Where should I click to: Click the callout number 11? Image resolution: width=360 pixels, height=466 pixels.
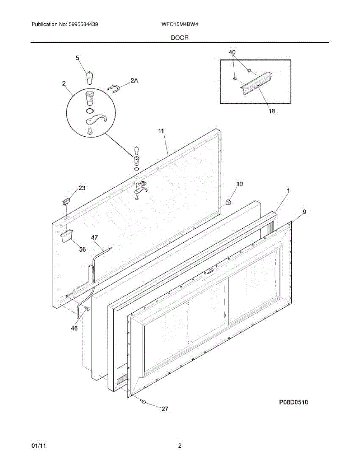click(161, 132)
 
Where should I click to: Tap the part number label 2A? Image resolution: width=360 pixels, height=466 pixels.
click(134, 81)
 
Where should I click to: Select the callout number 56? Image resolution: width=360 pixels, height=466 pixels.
click(82, 249)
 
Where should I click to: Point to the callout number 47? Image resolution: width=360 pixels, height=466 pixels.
click(94, 237)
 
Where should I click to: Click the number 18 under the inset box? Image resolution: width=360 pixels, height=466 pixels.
click(271, 111)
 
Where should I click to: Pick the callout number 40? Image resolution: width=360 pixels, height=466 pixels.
click(232, 52)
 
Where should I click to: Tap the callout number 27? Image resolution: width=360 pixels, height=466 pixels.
click(165, 409)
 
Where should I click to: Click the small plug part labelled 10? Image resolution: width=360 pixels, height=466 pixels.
click(228, 202)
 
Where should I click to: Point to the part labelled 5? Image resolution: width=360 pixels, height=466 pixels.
click(90, 77)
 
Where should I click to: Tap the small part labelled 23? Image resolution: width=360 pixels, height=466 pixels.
click(66, 201)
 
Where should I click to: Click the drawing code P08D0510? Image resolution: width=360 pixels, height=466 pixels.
click(293, 402)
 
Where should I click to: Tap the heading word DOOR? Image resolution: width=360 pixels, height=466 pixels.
click(179, 38)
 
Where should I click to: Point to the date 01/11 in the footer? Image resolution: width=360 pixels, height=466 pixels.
click(37, 446)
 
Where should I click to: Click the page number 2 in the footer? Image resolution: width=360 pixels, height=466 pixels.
click(179, 446)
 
